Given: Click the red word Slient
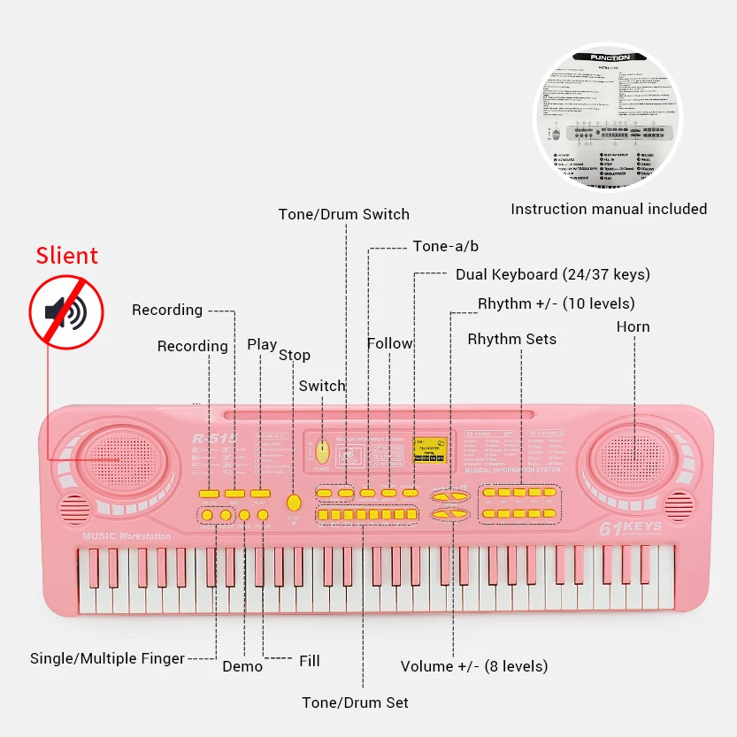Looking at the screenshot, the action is (x=66, y=257).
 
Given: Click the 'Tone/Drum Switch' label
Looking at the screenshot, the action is (x=343, y=214).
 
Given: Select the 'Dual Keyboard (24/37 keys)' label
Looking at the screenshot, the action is (x=552, y=274).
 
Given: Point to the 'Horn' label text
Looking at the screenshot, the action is (x=633, y=326).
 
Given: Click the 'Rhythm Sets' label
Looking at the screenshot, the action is (x=511, y=339).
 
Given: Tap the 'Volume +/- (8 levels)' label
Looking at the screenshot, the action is (x=473, y=666).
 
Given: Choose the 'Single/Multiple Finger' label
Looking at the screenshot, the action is (x=107, y=658).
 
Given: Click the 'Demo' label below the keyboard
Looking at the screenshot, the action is (x=242, y=666).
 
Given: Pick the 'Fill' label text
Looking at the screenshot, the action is (x=309, y=660).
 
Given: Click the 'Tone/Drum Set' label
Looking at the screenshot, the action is (x=355, y=702).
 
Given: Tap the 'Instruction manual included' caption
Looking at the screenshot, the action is (x=609, y=209).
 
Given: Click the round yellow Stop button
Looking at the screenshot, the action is (x=294, y=503).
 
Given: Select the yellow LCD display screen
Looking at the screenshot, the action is (x=429, y=449).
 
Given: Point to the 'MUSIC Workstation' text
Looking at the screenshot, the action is (x=127, y=536).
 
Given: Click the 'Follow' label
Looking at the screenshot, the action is (x=390, y=343).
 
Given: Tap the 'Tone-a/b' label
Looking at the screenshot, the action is (x=445, y=246).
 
